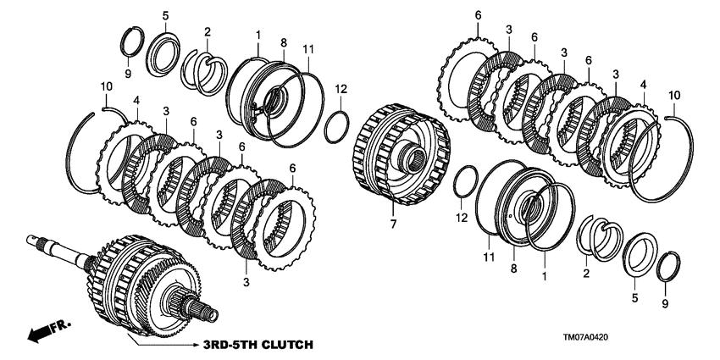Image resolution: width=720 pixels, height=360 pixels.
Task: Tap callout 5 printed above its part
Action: pyautogui.click(x=165, y=15)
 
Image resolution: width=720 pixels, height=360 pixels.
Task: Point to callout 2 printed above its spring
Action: pyautogui.click(x=207, y=32)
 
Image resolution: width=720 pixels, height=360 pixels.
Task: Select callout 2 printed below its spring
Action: pyautogui.click(x=585, y=273)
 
